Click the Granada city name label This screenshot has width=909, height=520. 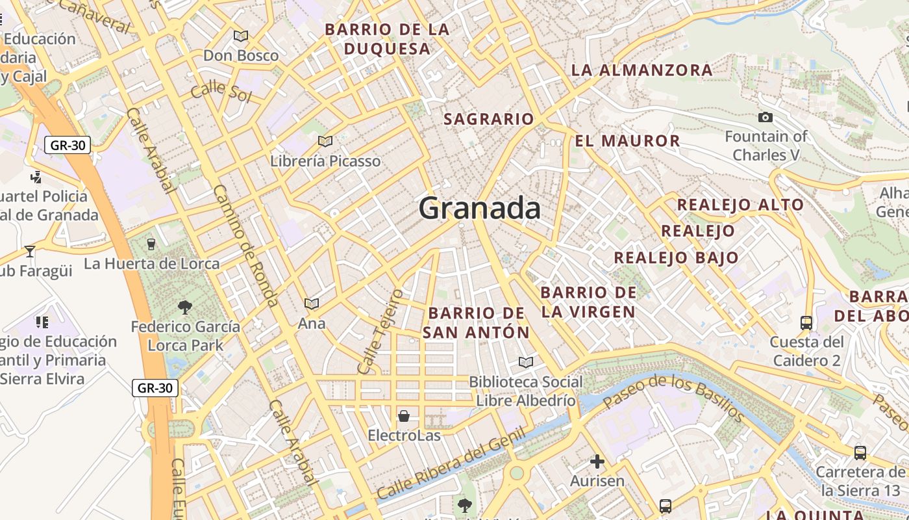tap(479, 209)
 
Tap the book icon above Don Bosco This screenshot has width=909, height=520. tap(241, 36)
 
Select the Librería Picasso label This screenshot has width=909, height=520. tap(325, 161)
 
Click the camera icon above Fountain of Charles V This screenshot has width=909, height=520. tap(766, 118)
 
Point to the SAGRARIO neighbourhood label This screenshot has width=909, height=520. tap(488, 119)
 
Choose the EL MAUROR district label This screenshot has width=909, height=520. tap(627, 140)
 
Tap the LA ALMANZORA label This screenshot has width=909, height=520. tap(641, 70)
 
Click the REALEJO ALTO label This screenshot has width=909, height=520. tap(740, 205)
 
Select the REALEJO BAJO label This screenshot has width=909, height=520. tap(677, 257)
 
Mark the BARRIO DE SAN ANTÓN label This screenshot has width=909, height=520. tap(476, 322)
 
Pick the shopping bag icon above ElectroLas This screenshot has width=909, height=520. tap(404, 416)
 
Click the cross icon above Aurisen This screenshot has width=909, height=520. tap(597, 462)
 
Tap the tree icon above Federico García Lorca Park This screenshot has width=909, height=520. tap(185, 307)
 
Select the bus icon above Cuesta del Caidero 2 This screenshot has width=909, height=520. tap(806, 322)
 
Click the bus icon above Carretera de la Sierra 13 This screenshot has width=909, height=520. tap(860, 453)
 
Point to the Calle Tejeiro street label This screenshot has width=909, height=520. tap(380, 332)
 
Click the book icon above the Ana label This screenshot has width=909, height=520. tap(312, 304)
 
